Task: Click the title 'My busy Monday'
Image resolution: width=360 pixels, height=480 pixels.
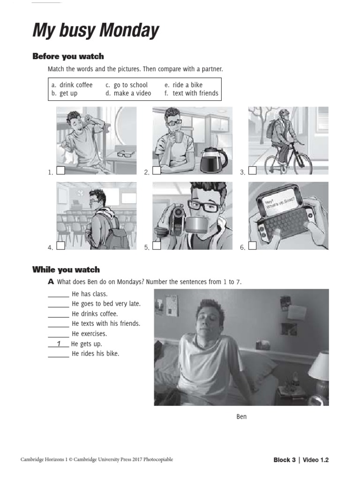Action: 96,31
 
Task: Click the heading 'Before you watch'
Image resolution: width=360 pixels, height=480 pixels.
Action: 68,57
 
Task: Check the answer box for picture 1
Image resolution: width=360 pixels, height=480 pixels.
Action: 60,171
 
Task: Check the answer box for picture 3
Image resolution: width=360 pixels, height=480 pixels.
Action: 252,171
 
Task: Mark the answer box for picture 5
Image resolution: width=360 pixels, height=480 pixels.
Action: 157,245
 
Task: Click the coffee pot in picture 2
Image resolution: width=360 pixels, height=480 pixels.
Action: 213,160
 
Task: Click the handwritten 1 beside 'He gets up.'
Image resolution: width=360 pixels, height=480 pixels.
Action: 59,344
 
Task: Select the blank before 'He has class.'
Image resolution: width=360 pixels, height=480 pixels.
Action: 58,294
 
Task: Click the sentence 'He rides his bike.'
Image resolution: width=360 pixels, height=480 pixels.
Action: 96,353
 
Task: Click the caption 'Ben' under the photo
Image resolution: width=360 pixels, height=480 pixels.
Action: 241,417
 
